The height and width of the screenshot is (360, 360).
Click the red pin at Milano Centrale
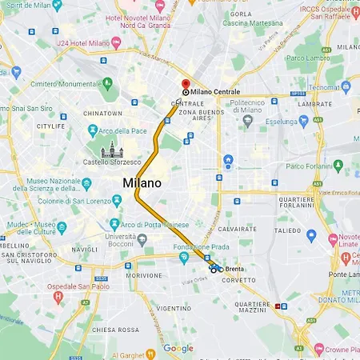(x=186, y=83)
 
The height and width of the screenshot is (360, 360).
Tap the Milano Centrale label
(x=215, y=93)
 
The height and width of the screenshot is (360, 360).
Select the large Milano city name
(x=142, y=183)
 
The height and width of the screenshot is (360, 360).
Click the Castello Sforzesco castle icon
(x=110, y=150)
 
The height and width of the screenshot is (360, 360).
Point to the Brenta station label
(x=234, y=270)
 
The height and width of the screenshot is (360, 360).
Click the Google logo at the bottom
(x=178, y=348)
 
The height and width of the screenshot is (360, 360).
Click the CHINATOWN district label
(x=102, y=114)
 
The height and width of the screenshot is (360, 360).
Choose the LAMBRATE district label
(x=314, y=104)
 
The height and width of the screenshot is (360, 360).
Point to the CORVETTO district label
(x=239, y=280)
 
